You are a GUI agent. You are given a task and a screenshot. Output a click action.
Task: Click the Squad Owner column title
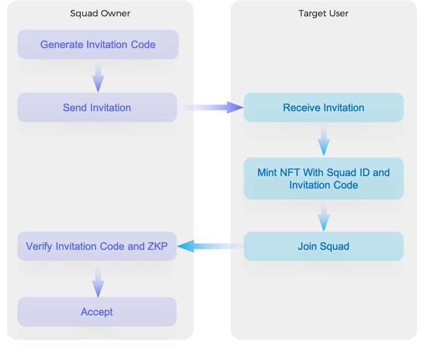coord(100,13)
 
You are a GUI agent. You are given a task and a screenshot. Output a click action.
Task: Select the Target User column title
coord(323,13)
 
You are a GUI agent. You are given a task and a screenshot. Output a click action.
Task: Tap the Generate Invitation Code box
coord(98,44)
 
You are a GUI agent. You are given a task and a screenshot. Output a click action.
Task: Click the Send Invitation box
coord(97,107)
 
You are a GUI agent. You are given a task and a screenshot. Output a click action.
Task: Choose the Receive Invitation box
coord(323,107)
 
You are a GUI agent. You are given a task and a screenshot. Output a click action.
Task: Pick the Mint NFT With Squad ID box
coord(323,179)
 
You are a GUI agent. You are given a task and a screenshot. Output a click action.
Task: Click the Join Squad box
coord(323,246)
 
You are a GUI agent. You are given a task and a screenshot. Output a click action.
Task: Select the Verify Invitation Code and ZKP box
coord(97,246)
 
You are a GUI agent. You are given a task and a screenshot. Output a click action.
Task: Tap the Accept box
coord(97,312)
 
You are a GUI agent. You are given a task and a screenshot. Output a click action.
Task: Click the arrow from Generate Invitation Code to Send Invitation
coord(98,76)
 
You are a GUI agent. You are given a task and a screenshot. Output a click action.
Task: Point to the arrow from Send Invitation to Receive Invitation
coord(210,107)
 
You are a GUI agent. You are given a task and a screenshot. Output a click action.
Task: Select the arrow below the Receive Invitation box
coord(324,140)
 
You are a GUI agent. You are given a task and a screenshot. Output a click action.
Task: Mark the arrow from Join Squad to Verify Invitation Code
coord(210,246)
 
